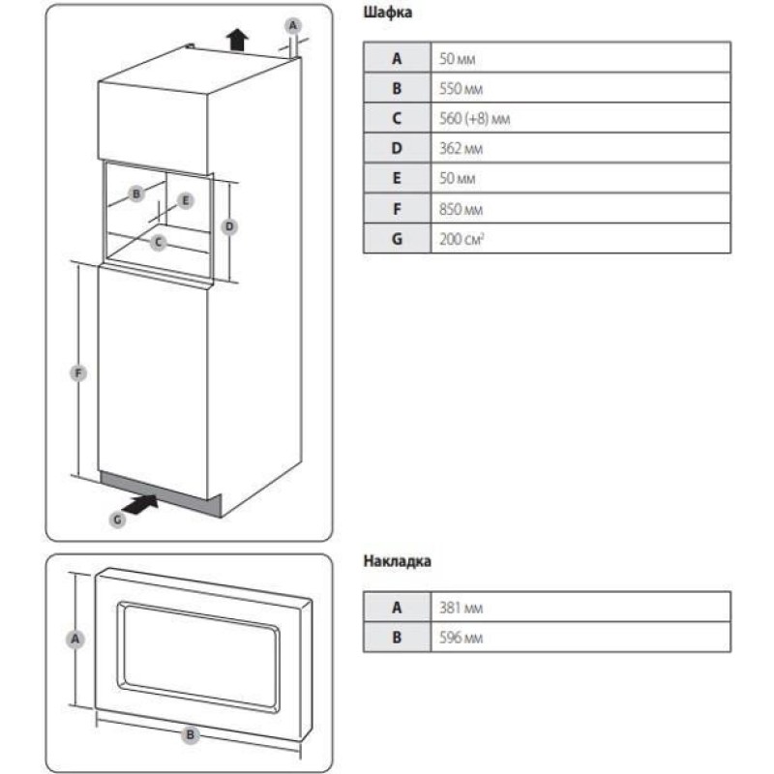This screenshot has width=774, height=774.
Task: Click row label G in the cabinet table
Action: click(396, 238)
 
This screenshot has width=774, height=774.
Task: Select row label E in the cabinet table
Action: click(396, 178)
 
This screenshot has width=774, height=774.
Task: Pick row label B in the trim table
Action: click(396, 638)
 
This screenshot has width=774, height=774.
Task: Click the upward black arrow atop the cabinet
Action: click(236, 38)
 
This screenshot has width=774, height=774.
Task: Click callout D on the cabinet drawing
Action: click(229, 226)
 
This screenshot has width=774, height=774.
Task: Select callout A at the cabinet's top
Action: click(296, 24)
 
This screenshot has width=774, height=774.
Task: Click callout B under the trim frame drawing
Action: click(191, 735)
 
